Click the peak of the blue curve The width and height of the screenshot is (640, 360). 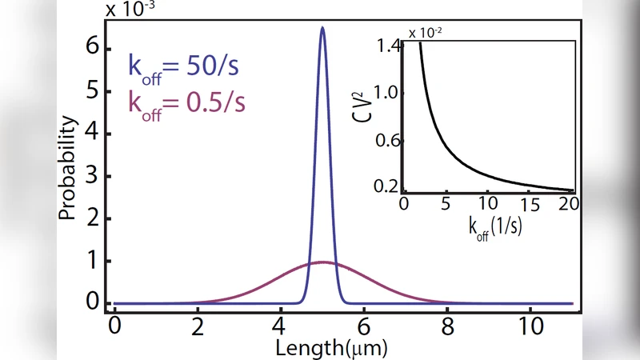click(322, 27)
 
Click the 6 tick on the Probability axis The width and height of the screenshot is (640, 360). click(92, 48)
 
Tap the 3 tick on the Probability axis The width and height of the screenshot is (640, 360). click(92, 176)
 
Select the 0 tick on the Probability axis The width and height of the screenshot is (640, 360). click(92, 303)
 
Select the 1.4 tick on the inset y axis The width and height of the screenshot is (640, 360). click(390, 47)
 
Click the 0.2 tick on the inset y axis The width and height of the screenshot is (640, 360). click(390, 186)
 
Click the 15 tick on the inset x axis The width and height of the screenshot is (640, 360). click(527, 205)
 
